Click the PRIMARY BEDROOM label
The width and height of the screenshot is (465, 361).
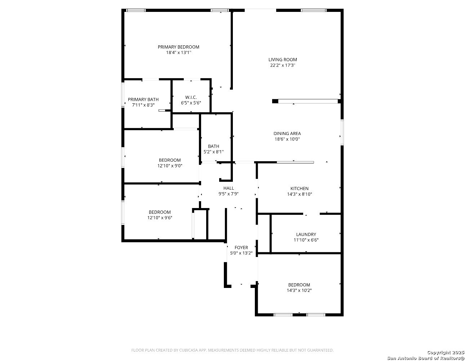tap(178, 47)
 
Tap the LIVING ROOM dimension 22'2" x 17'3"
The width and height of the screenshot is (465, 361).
tap(283, 66)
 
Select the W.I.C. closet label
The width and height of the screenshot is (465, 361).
tap(191, 98)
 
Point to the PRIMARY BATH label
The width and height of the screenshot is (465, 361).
tap(143, 100)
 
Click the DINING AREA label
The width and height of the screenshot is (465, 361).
tap(287, 134)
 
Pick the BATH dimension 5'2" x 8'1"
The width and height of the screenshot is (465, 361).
tap(213, 152)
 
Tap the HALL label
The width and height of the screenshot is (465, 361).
tap(229, 188)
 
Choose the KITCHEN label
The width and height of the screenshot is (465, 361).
tap(300, 189)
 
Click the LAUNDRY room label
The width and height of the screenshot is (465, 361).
tap(306, 234)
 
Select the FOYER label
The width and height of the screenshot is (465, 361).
tap(241, 248)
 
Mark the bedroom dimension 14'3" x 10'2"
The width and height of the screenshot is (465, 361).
tap(299, 290)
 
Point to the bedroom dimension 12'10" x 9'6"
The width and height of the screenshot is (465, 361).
tap(160, 218)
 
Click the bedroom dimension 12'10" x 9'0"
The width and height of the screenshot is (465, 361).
tap(170, 166)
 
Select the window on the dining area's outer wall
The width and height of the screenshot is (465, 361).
tap(342, 132)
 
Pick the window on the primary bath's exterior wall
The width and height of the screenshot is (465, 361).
tap(123, 95)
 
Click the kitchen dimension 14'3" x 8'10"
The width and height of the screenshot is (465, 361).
tap(300, 194)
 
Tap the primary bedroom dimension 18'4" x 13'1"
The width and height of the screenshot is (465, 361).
tap(178, 53)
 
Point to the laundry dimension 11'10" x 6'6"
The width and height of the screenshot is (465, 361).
tap(306, 240)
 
